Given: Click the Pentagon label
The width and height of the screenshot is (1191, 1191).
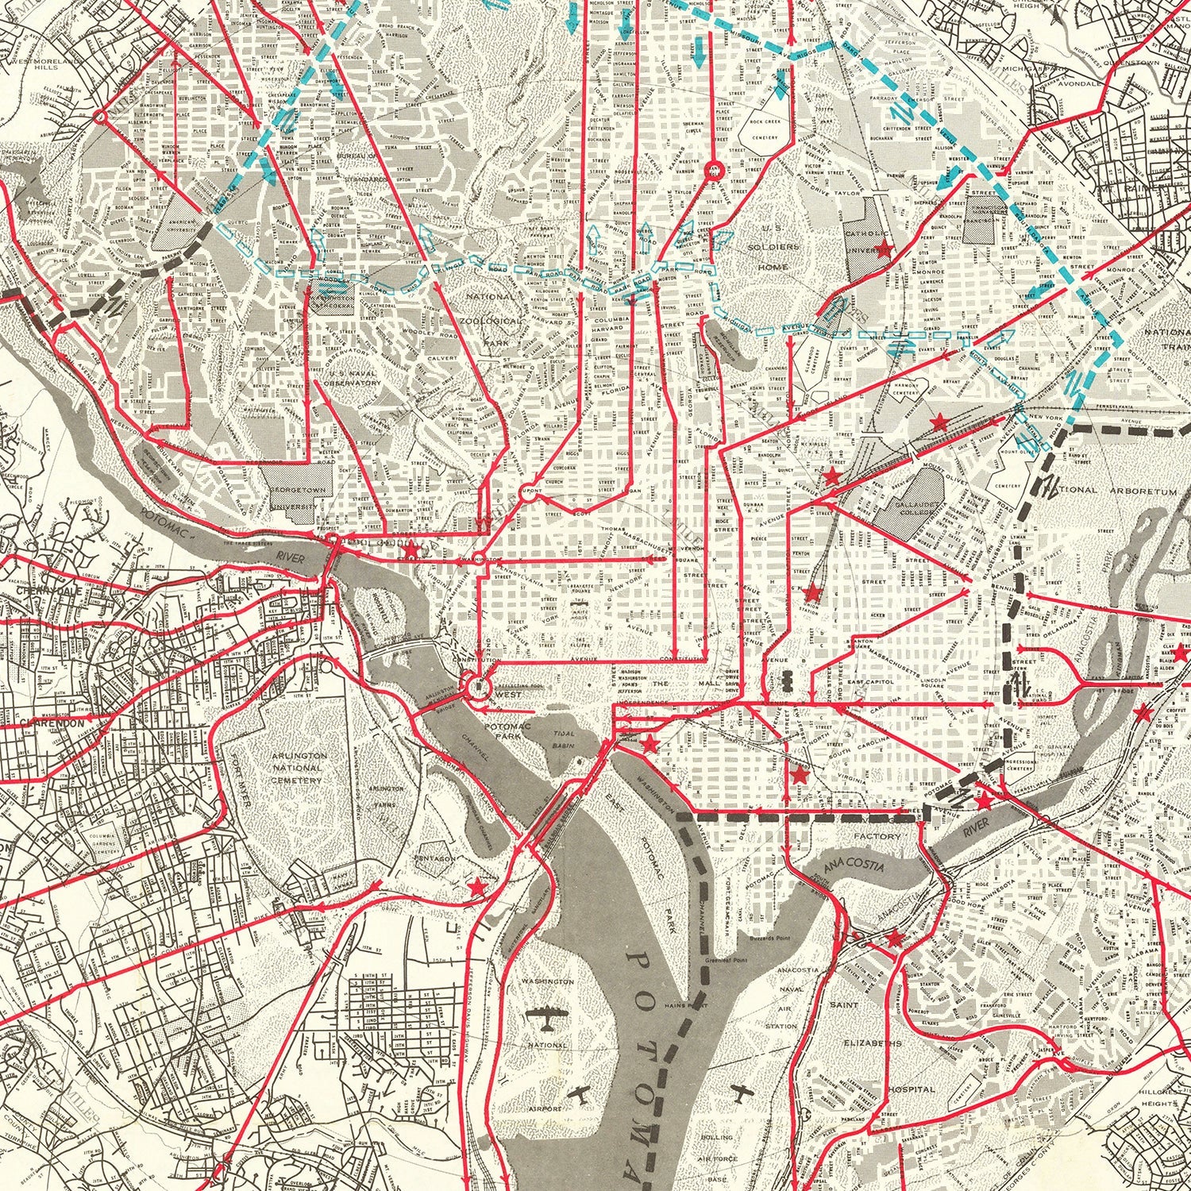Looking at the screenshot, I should [x=434, y=858].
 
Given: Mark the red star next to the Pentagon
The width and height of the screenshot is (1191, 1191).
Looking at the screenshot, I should [x=477, y=886].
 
